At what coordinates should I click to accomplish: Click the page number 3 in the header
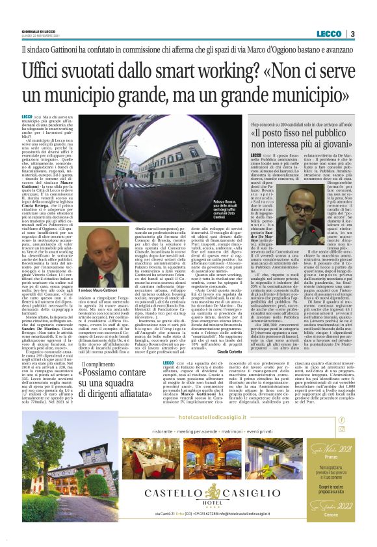pyautogui.click(x=352, y=34)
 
